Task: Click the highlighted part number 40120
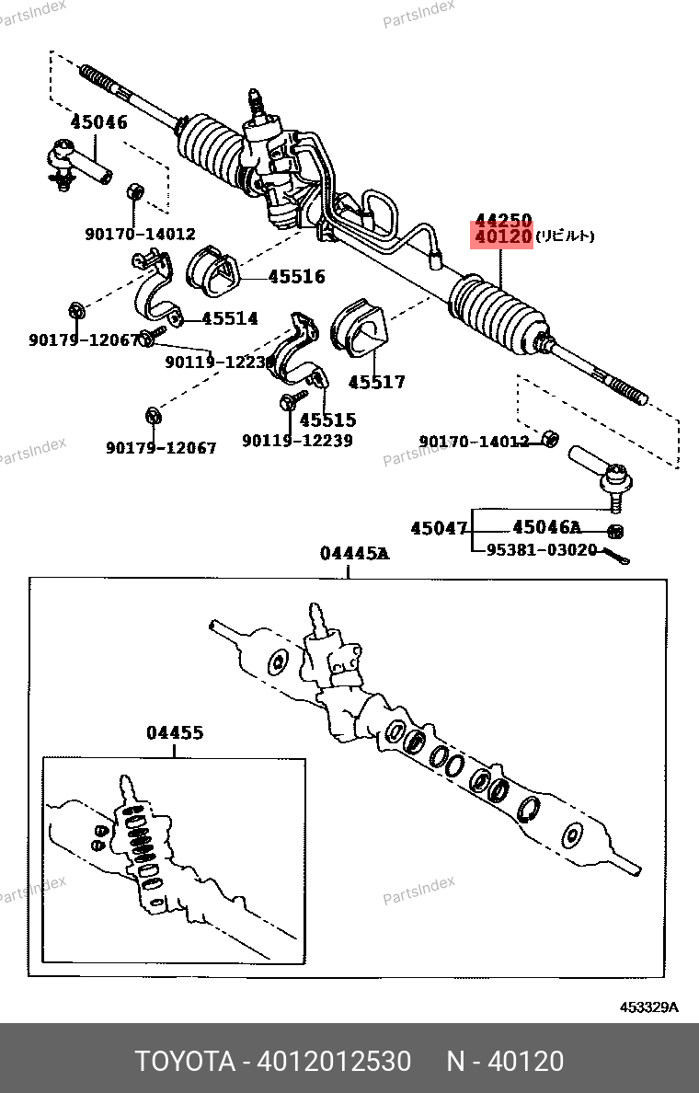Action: [x=503, y=236]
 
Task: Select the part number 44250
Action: [x=503, y=220]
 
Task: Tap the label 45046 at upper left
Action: [x=98, y=122]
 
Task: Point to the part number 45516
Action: [x=296, y=276]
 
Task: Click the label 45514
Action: [x=230, y=318]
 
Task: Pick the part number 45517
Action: [x=376, y=382]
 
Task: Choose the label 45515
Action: [x=327, y=420]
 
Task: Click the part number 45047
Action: [x=440, y=528]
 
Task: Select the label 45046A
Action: [x=546, y=527]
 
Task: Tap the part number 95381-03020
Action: [x=542, y=550]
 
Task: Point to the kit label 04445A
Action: [x=354, y=553]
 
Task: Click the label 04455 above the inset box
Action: [x=175, y=733]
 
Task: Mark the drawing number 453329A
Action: [x=647, y=1007]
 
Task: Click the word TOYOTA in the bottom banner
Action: [x=185, y=1061]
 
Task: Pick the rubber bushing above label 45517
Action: [x=359, y=328]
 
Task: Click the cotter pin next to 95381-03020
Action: [x=615, y=555]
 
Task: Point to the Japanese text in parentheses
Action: [x=566, y=236]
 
